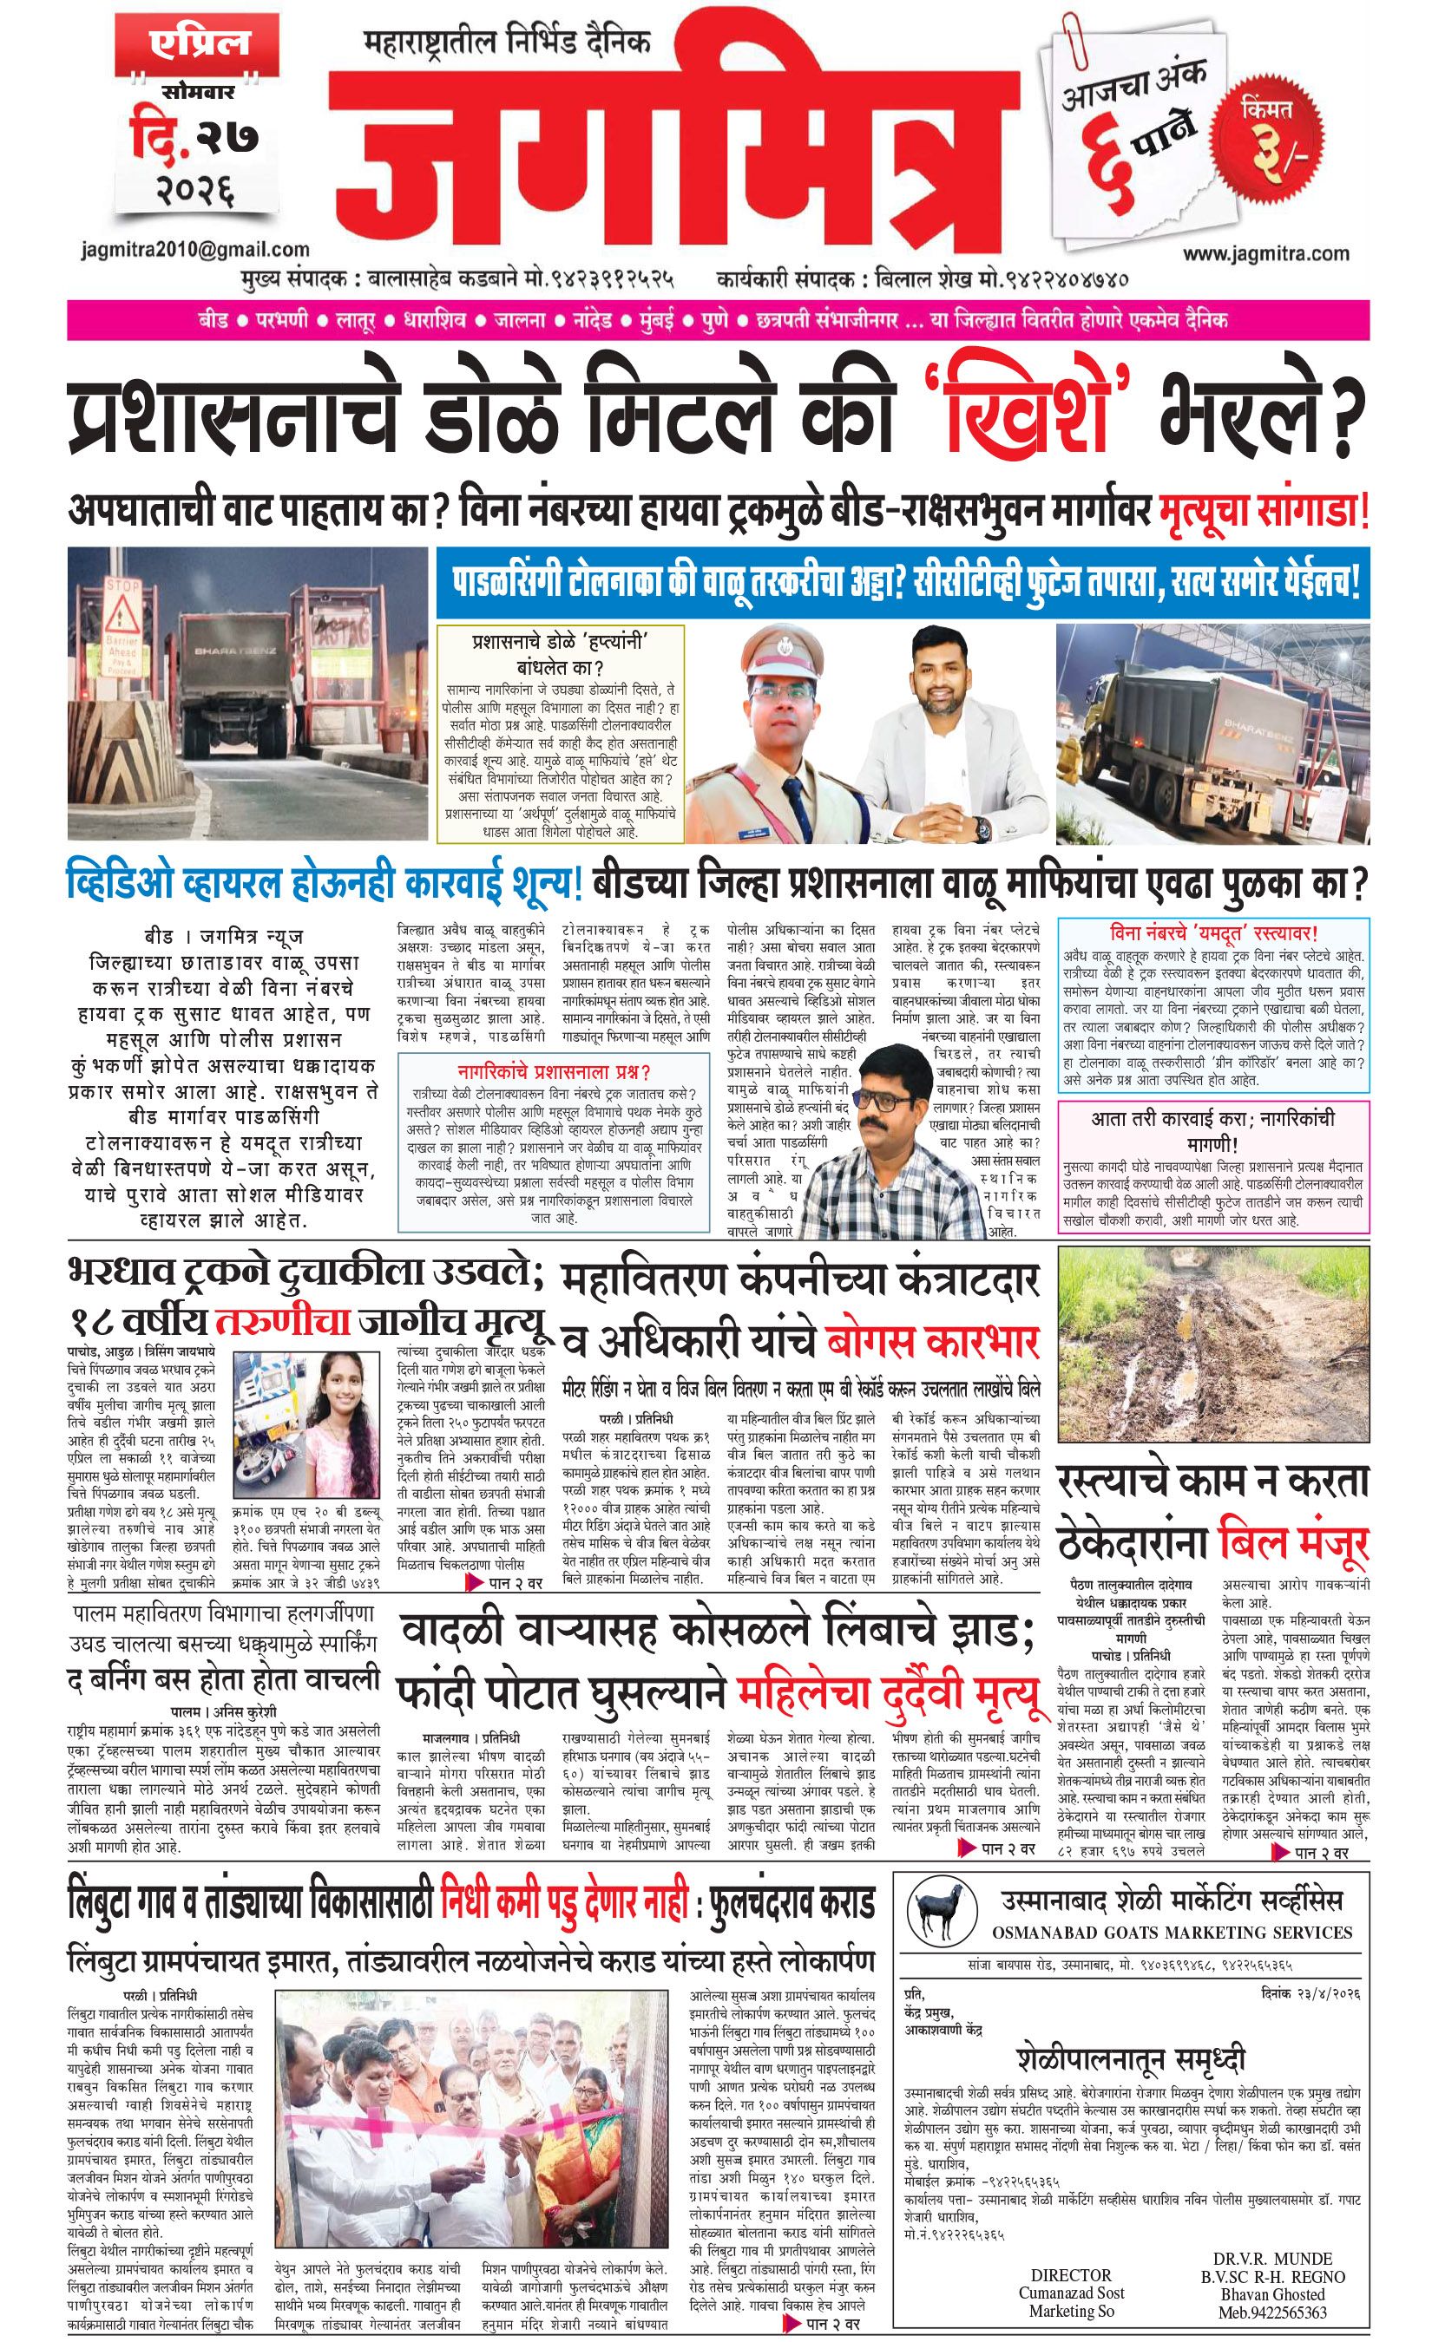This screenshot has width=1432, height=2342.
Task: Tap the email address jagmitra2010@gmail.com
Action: [195, 250]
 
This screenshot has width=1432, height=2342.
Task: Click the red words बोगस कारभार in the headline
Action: [932, 1343]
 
